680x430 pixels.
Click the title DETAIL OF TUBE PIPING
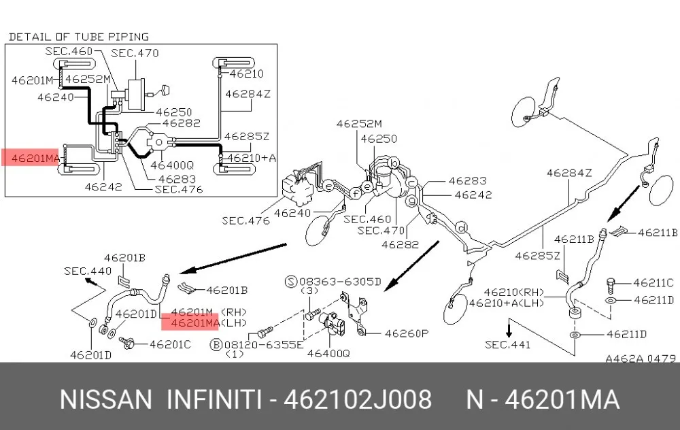pos(78,37)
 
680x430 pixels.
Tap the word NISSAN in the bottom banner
pos(106,399)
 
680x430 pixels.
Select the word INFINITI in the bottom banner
pos(215,399)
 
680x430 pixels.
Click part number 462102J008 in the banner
pos(358,399)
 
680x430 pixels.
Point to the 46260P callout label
pos(407,333)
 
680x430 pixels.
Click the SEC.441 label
pos(507,344)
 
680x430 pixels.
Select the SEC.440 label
pos(88,271)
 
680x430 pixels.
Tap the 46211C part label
pos(653,283)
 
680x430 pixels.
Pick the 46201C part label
pos(170,344)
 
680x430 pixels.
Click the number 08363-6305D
pos(340,282)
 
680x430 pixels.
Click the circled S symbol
pos(290,282)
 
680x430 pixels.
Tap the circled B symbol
pos(216,345)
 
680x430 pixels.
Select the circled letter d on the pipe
pos(462,228)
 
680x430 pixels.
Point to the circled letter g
pos(411,201)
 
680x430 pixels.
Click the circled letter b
pos(393,163)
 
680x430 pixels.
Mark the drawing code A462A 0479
pos(641,359)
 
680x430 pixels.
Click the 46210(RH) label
pos(514,293)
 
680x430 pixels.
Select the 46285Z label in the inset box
pos(247,136)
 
